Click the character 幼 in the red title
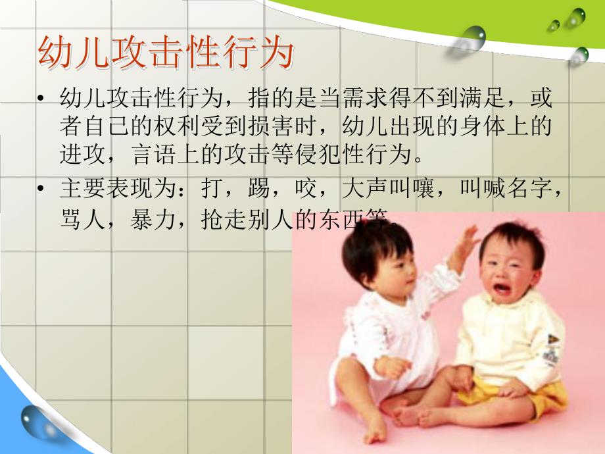[54, 53]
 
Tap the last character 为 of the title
[276, 53]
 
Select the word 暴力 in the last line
[157, 219]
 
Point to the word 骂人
[75, 219]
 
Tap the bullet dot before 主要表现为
[41, 189]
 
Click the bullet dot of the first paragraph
[41, 101]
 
